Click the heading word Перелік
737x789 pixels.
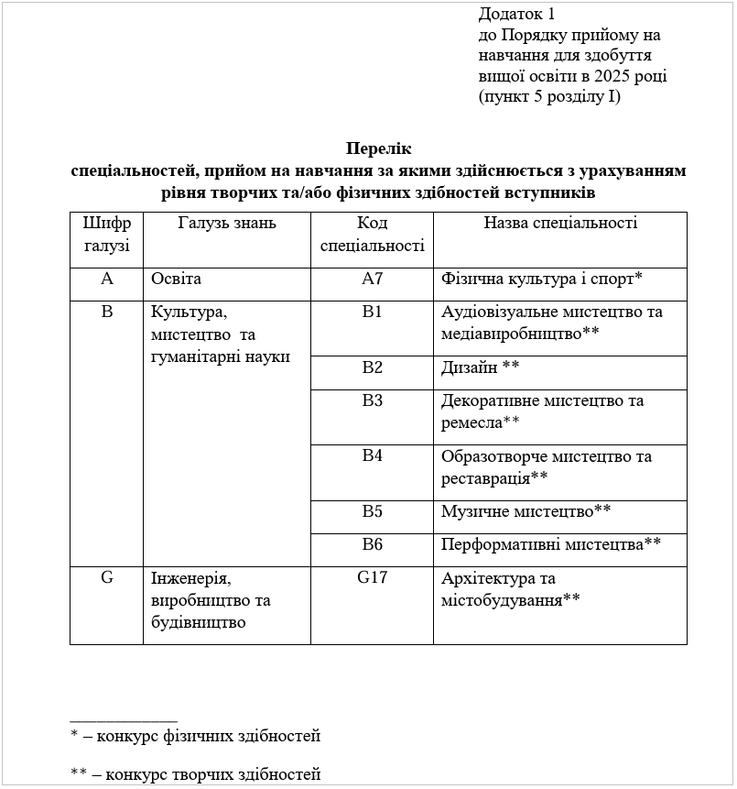point(379,148)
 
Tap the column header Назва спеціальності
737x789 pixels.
point(559,223)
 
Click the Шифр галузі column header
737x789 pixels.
point(106,234)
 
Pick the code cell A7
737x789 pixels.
point(372,279)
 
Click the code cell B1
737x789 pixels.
point(372,312)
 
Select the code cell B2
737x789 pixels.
point(372,367)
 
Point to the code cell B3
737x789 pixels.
point(372,400)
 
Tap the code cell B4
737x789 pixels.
point(372,456)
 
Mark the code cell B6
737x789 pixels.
point(372,544)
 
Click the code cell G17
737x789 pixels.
point(372,578)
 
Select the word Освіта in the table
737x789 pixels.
point(177,279)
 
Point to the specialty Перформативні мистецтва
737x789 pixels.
point(550,544)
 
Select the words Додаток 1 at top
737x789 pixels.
point(516,15)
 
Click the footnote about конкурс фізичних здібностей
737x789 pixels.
point(196,736)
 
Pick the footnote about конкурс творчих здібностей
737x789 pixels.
point(196,774)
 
